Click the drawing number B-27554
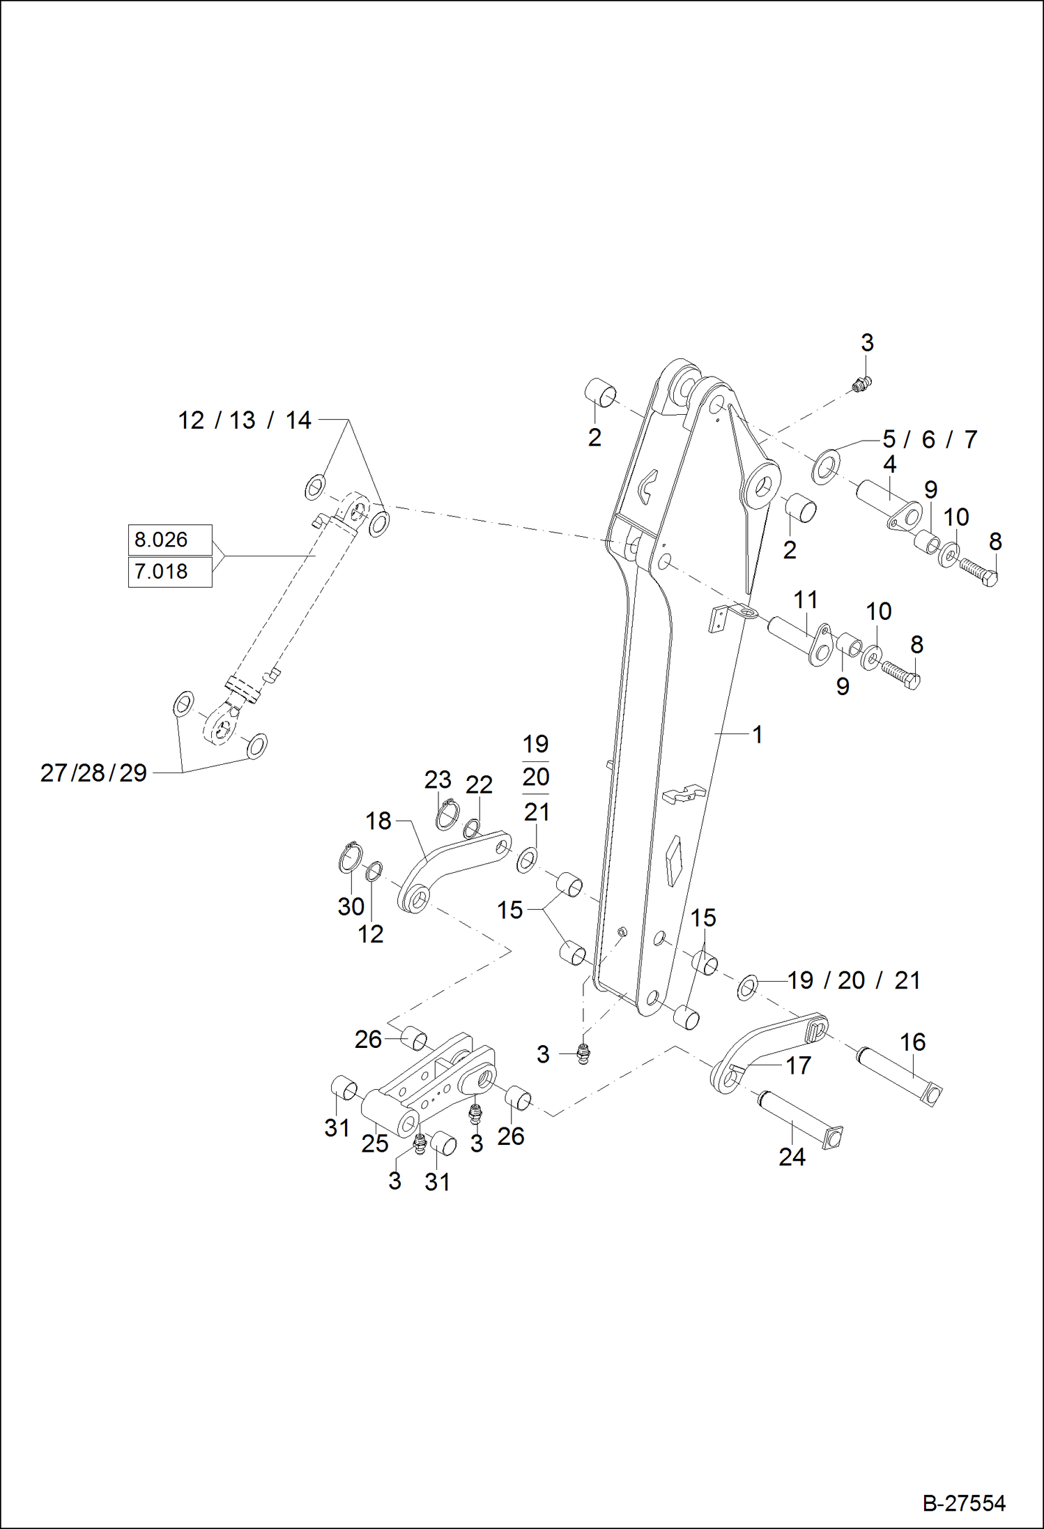[964, 1503]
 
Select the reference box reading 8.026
[169, 540]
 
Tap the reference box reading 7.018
[169, 572]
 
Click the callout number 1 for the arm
[758, 734]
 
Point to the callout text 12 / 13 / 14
[244, 420]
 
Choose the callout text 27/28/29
[93, 773]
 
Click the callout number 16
[912, 1042]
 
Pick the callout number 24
[792, 1157]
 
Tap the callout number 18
[378, 821]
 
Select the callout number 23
[438, 779]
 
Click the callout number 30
[351, 906]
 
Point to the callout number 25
[374, 1143]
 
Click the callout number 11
[806, 600]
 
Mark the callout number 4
[889, 464]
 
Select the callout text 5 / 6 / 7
[930, 439]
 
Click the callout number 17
[798, 1065]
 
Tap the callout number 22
[479, 785]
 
